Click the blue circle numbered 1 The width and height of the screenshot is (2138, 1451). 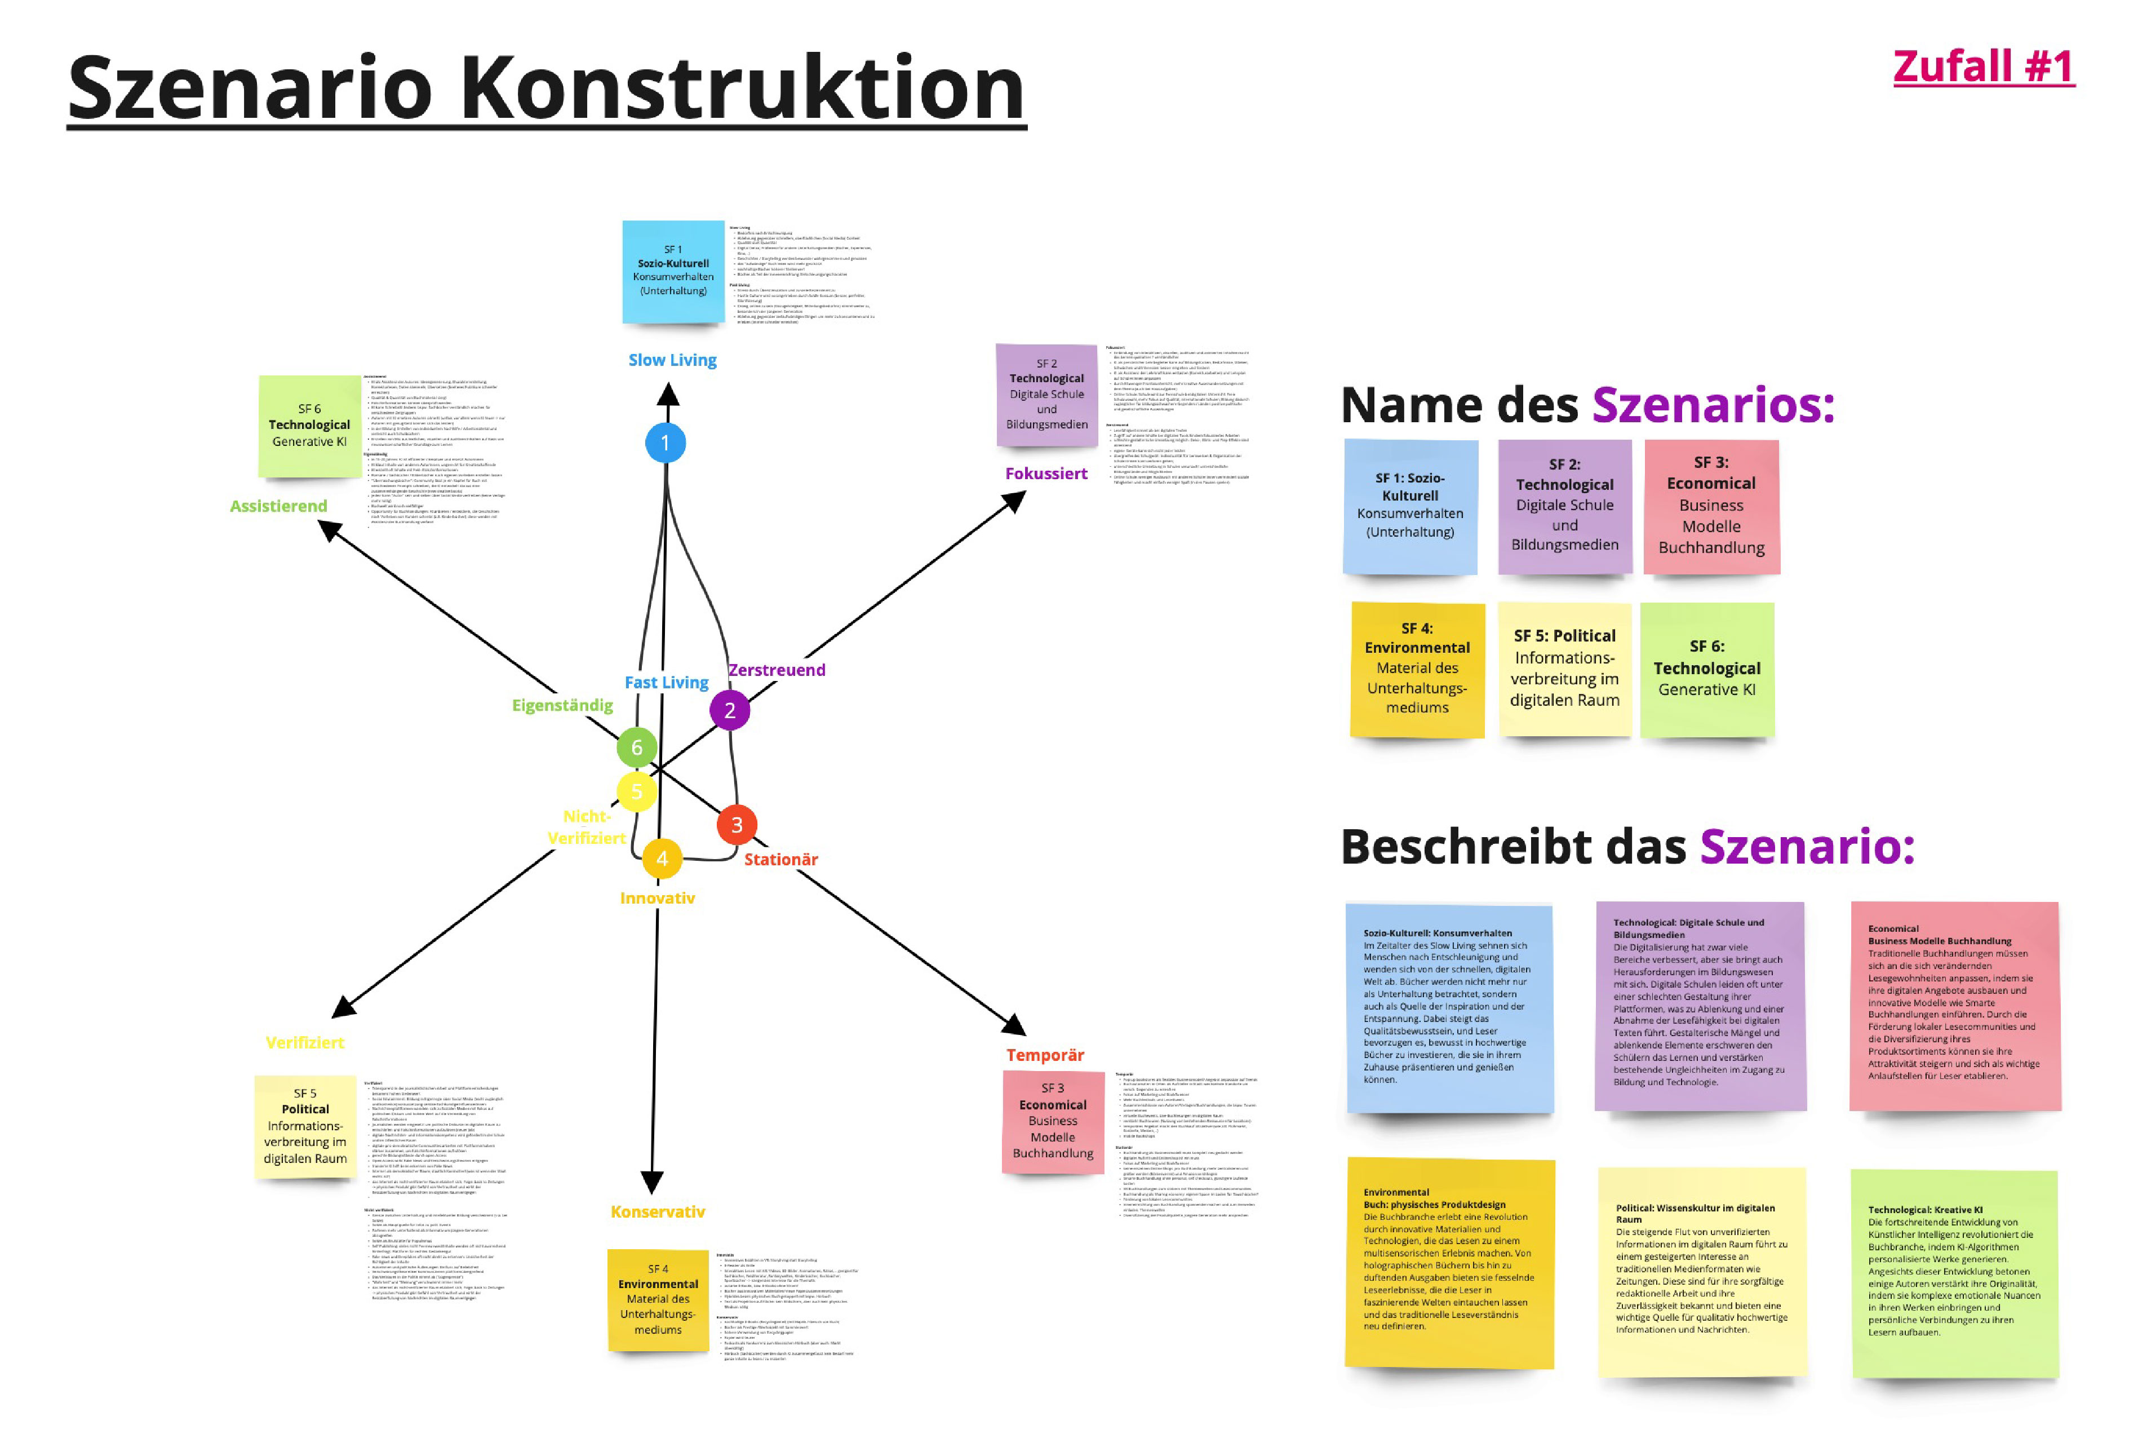coord(665,443)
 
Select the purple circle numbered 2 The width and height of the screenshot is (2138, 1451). coord(730,710)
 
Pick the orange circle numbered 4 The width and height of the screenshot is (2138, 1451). coord(662,859)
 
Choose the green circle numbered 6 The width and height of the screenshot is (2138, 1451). coord(637,747)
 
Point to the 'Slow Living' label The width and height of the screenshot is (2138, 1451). coord(672,360)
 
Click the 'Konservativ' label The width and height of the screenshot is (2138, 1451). coord(657,1212)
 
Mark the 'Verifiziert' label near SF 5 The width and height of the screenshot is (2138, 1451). coord(304,1042)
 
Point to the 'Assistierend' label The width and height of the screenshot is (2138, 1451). coord(278,506)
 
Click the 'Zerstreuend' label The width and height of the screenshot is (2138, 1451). coord(777,670)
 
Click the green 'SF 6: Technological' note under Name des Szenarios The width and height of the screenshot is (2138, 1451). coord(1706,669)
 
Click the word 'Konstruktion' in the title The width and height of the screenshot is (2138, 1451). coord(742,89)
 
